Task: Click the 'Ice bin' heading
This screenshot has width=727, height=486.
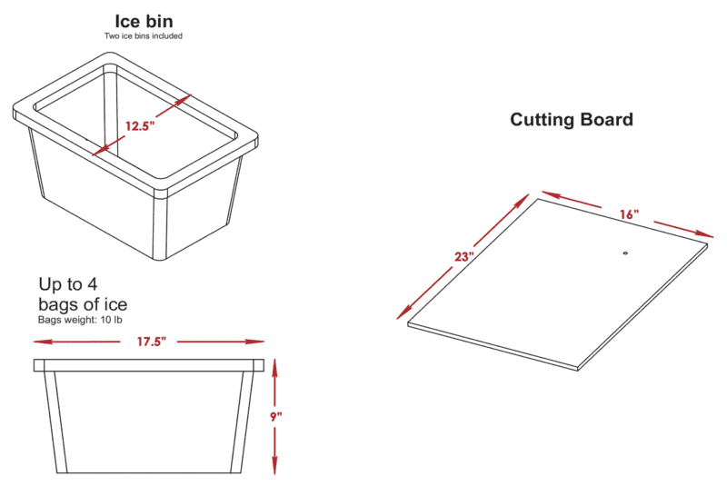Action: click(x=144, y=21)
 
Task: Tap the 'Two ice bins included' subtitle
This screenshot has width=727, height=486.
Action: click(x=144, y=36)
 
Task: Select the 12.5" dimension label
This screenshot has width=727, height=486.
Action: click(x=140, y=126)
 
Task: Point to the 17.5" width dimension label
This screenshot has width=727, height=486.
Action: click(x=151, y=342)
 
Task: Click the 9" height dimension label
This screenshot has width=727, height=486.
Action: click(x=276, y=417)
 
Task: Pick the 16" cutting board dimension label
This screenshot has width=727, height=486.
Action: click(x=629, y=214)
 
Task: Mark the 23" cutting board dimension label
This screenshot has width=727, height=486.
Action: click(x=463, y=256)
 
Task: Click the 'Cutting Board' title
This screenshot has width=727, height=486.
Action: click(x=572, y=120)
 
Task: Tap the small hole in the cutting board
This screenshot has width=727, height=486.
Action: click(x=625, y=253)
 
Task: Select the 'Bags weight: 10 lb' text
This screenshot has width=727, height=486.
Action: click(x=80, y=320)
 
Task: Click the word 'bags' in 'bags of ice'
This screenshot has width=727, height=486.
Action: click(x=58, y=304)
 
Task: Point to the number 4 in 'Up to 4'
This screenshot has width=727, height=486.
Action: click(x=93, y=284)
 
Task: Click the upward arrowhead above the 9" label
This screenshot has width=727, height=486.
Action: click(x=274, y=369)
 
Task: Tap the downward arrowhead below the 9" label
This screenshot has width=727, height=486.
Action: click(x=274, y=465)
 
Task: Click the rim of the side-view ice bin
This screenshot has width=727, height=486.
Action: click(x=149, y=365)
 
